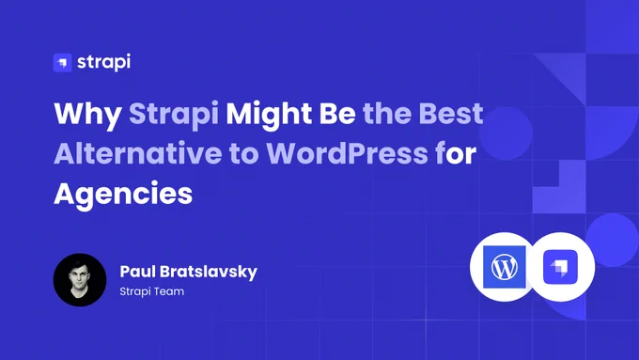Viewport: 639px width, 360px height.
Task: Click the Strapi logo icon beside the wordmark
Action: tap(62, 63)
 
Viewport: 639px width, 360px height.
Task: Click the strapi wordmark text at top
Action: tap(104, 62)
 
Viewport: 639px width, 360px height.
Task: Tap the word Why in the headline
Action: tap(87, 115)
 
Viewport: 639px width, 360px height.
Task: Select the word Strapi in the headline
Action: tap(174, 115)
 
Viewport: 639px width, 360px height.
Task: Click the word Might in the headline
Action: tap(269, 114)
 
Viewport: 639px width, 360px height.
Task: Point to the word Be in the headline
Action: tap(337, 114)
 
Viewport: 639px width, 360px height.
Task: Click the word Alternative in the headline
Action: tap(138, 153)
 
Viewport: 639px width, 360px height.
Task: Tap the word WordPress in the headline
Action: tap(347, 153)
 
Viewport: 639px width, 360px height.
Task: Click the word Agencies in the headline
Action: tap(123, 195)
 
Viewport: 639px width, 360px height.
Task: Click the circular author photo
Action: tap(80, 280)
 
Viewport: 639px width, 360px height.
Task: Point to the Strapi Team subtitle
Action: tap(152, 291)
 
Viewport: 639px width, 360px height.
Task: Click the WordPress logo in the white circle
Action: tap(505, 267)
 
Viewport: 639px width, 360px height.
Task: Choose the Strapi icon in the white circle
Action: tap(560, 267)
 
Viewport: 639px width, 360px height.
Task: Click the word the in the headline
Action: tap(387, 114)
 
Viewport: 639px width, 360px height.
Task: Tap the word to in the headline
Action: tap(244, 154)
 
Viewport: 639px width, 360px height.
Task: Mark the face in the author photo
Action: tap(80, 276)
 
